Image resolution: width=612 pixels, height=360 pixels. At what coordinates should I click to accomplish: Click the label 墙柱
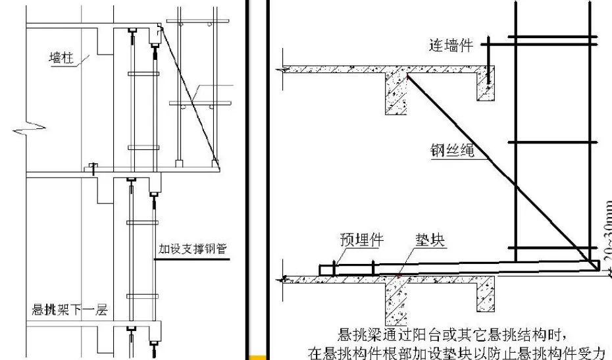[61, 58]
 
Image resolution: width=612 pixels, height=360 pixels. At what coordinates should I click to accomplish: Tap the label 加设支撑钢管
[192, 249]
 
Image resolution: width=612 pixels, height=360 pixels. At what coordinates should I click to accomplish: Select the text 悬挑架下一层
[70, 310]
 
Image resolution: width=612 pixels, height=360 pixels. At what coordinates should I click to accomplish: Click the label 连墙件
[451, 45]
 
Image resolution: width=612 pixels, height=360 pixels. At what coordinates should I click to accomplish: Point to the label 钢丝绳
[452, 150]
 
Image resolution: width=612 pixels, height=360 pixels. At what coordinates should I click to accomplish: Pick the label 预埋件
[361, 240]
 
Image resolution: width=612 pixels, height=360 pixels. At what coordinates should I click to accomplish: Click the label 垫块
[430, 240]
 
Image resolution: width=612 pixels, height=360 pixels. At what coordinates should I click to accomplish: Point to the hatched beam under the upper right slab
[395, 93]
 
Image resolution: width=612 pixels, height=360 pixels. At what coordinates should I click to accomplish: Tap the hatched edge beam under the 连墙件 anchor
[486, 87]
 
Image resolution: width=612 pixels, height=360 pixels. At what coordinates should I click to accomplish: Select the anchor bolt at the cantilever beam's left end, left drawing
[93, 168]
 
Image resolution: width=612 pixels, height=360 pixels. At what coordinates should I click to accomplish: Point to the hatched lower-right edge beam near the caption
[486, 294]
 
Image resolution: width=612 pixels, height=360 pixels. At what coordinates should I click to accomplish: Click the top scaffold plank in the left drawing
[198, 21]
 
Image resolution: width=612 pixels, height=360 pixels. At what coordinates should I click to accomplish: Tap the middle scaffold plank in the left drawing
[200, 103]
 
